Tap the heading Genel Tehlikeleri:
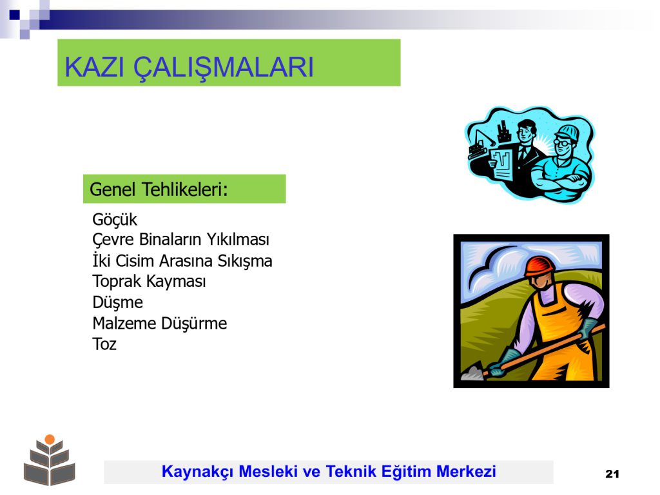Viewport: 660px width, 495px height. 159,189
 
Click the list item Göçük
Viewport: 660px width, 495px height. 115,220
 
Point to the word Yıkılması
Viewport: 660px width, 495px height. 237,240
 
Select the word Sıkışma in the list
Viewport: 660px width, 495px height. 244,261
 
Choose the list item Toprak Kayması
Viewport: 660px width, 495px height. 149,281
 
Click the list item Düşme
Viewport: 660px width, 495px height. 118,302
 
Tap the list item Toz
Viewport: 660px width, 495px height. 104,344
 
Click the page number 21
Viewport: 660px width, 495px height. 612,474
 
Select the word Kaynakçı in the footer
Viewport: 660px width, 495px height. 197,472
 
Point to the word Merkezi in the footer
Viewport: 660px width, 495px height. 466,471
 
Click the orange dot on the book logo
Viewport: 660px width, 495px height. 50,440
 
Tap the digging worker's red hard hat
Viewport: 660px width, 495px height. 539,266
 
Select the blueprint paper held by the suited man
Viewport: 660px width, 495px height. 501,164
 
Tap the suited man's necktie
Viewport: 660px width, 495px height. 523,152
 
